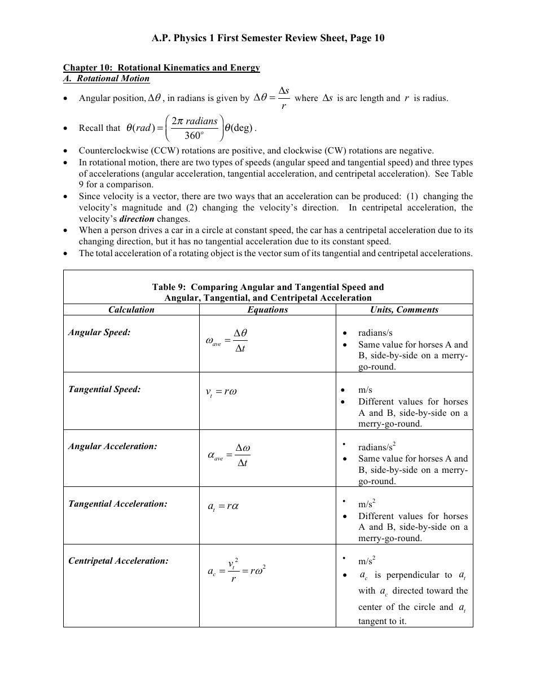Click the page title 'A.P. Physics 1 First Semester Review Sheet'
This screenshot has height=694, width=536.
[267, 38]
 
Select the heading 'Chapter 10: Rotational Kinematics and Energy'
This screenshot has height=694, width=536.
[161, 68]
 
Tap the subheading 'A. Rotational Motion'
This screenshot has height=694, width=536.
[106, 78]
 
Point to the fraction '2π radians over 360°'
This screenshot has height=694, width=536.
[194, 128]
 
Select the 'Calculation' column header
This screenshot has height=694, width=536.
[131, 310]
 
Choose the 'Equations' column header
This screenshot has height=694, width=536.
[267, 310]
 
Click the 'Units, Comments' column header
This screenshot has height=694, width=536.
[404, 310]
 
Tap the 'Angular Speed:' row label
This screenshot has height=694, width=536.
[99, 332]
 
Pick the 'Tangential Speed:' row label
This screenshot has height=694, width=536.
[104, 389]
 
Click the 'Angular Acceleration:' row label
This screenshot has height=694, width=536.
[113, 446]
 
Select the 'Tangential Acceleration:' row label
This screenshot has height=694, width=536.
[118, 504]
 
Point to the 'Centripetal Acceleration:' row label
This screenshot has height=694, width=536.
[118, 561]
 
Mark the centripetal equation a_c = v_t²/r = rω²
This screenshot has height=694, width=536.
[236, 570]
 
